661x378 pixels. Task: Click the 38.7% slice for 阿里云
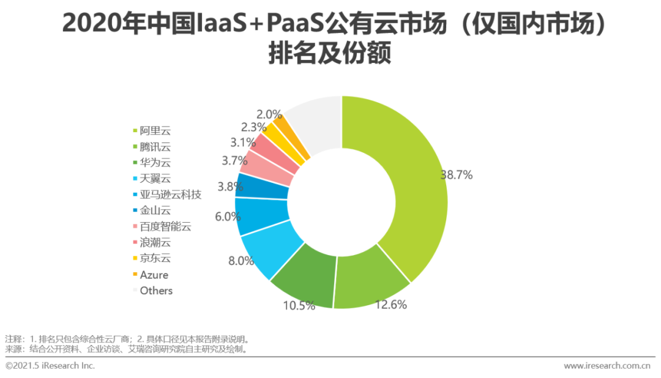coord(404,183)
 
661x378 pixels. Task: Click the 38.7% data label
coord(456,175)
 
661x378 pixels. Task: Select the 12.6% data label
coord(390,305)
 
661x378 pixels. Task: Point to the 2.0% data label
coord(269,114)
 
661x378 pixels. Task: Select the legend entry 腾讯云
coord(156,147)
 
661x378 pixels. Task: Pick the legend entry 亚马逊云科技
coord(171,195)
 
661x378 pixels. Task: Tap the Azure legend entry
coord(154,275)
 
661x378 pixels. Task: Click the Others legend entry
coord(156,291)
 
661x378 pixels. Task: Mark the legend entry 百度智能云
coord(166,226)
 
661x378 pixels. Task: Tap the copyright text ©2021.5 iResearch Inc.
coord(50,366)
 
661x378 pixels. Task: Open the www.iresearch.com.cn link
coord(607,366)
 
